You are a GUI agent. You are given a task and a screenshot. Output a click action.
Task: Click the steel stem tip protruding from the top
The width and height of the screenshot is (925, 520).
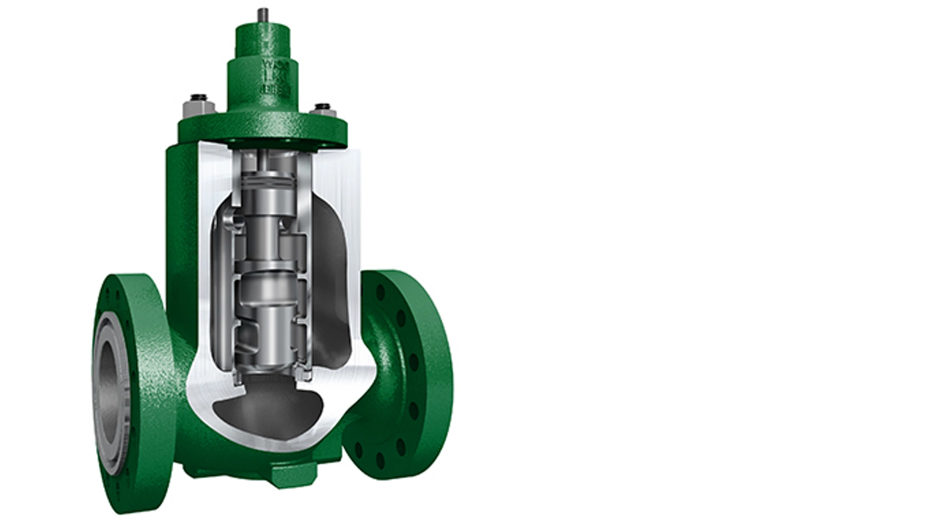tap(263, 14)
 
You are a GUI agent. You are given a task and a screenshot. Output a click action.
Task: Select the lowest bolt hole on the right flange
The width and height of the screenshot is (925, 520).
tap(380, 460)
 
